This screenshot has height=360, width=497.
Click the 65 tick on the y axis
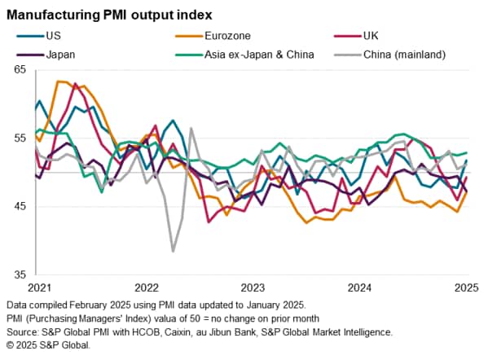tap(20, 70)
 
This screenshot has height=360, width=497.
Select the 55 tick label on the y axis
tap(20, 138)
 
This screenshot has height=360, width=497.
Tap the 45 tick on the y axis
tap(20, 206)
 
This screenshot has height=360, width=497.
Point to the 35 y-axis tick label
tap(20, 274)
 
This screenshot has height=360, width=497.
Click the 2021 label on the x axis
tap(40, 287)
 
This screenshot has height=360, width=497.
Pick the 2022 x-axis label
tap(147, 287)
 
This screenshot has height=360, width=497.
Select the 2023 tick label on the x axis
tap(253, 287)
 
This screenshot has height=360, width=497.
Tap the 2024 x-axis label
tap(360, 287)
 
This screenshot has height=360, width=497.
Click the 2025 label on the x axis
tap(466, 287)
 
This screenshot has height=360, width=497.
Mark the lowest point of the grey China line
tap(173, 251)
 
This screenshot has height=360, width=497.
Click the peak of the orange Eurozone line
tap(58, 81)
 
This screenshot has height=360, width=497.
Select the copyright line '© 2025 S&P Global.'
tap(49, 345)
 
